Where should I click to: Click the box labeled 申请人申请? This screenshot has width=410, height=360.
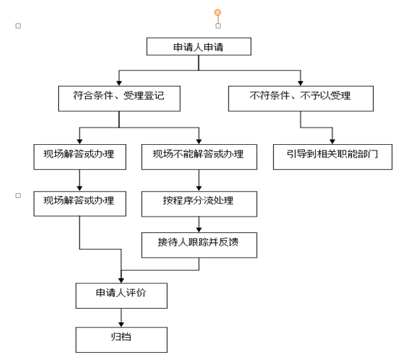(x=199, y=46)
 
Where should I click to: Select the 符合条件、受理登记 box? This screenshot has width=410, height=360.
(x=119, y=99)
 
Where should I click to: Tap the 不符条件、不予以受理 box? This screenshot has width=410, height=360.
(x=301, y=99)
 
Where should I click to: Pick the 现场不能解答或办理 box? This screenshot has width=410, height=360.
(x=199, y=157)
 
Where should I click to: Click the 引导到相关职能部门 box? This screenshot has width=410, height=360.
(x=333, y=157)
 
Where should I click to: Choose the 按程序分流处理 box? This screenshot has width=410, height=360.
(x=199, y=204)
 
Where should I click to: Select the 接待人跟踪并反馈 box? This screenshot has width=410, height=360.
(x=199, y=245)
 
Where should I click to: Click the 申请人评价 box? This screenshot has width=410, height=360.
(x=121, y=295)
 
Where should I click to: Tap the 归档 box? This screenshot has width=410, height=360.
(x=121, y=340)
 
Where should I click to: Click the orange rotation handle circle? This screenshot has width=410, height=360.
(x=218, y=12)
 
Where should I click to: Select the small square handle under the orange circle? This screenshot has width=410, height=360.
(x=218, y=26)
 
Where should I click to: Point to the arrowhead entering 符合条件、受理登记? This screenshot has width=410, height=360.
(x=119, y=83)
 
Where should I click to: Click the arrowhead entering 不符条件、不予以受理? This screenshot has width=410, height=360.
(x=301, y=83)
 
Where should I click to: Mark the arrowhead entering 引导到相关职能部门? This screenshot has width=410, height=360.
(x=333, y=141)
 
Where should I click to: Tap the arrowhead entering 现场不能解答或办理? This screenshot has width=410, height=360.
(x=199, y=141)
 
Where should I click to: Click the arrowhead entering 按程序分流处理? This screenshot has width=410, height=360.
(x=199, y=189)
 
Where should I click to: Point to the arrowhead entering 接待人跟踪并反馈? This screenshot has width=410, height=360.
(x=199, y=230)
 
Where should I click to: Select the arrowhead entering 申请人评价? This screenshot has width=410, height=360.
(x=121, y=280)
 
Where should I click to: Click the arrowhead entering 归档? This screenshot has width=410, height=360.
(x=121, y=324)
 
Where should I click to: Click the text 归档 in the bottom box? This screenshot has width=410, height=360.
(x=121, y=337)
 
